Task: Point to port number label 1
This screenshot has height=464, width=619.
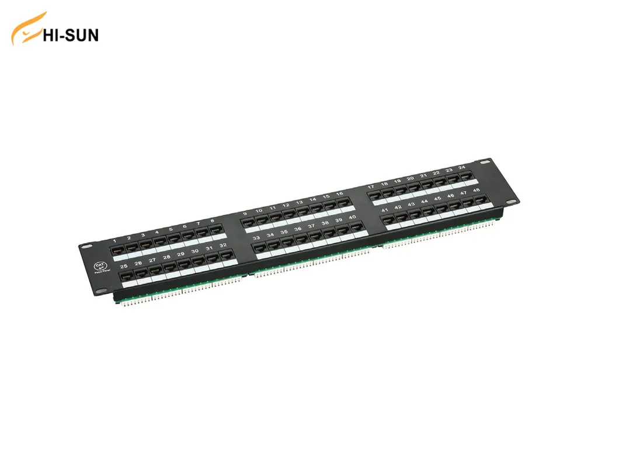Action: (x=114, y=241)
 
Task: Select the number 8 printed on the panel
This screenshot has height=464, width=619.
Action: (x=212, y=221)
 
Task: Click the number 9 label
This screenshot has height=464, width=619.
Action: (x=245, y=214)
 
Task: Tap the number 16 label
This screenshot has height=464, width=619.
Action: (x=339, y=194)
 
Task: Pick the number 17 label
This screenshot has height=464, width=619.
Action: (x=370, y=186)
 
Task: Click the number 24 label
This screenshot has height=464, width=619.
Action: (x=462, y=168)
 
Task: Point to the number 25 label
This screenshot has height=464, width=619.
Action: (x=124, y=266)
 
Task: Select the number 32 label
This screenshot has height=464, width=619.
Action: (x=222, y=246)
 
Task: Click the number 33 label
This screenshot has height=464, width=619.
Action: (x=256, y=238)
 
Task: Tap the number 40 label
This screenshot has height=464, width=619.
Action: (x=352, y=217)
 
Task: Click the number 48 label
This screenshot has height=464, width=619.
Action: (x=477, y=191)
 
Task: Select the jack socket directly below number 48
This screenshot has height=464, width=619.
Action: (x=479, y=200)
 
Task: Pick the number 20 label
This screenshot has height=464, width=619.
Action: (x=411, y=178)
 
